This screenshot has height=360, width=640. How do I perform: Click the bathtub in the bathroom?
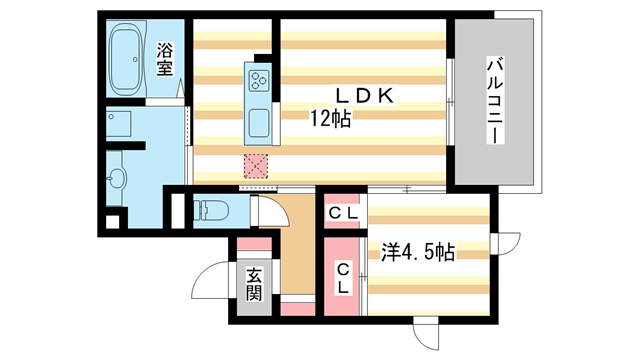click(127, 57)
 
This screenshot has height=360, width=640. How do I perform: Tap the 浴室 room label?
click(165, 59)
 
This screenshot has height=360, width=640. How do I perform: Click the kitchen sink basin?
click(259, 123)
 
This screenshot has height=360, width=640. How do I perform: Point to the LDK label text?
click(364, 96)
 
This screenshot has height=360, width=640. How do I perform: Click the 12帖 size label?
click(331, 119)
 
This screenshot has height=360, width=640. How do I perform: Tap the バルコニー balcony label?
click(495, 101)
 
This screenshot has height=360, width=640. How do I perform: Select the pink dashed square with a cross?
click(256, 166)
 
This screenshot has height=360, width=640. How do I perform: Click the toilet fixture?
click(211, 211)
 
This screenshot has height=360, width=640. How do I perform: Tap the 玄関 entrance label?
click(254, 284)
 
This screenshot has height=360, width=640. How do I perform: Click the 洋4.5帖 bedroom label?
click(418, 252)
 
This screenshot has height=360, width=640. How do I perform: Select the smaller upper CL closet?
click(343, 211)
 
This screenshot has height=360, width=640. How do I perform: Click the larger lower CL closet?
click(342, 277)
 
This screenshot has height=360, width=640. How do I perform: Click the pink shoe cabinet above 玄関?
click(254, 244)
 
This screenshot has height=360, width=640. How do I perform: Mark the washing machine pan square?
click(118, 124)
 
